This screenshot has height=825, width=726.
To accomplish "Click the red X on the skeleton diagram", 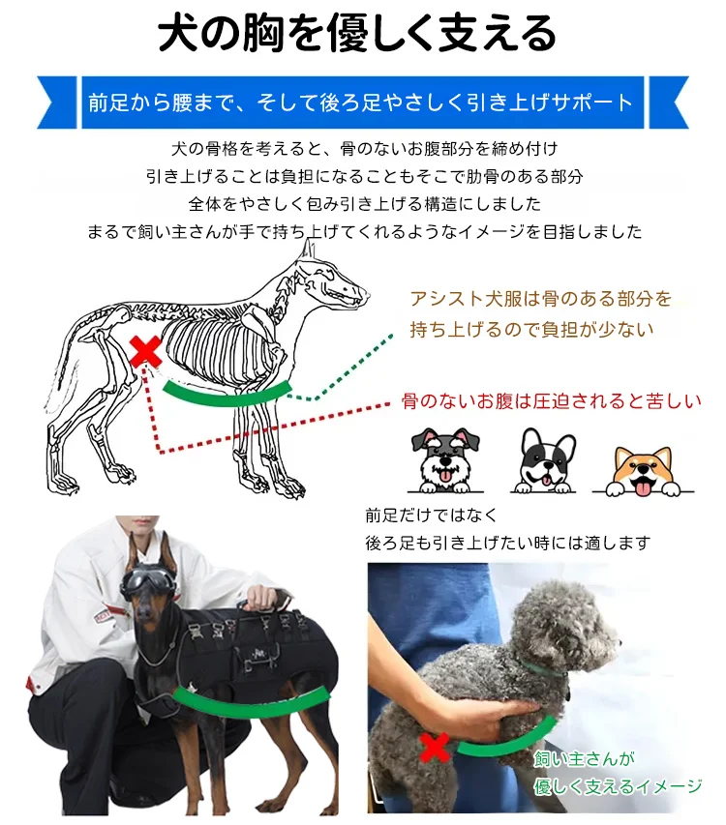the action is (146, 352).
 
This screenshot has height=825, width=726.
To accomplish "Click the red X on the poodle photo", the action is (435, 747).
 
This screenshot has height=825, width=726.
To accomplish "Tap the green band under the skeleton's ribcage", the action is (227, 394).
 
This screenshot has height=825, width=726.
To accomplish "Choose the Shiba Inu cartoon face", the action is (644, 471).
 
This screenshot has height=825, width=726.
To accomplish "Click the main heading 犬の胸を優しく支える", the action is (357, 33).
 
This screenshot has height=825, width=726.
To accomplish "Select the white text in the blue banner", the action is (361, 103).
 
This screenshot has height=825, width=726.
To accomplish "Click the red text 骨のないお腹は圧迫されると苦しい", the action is (551, 401).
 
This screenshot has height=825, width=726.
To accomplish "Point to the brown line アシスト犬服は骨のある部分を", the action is (541, 299).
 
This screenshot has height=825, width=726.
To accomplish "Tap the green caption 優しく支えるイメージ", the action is (618, 786).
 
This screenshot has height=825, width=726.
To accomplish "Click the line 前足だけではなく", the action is (431, 516).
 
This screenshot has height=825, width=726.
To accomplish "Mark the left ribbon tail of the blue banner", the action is (57, 103).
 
